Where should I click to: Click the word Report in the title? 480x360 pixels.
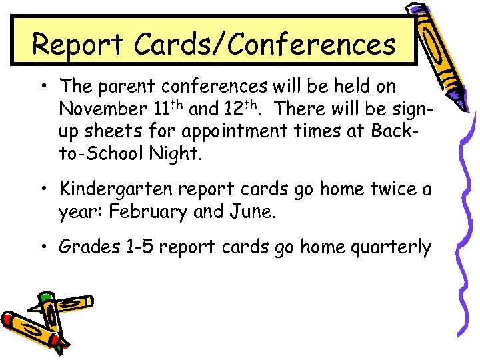point(79,45)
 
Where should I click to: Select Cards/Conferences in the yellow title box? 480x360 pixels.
point(265,45)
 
